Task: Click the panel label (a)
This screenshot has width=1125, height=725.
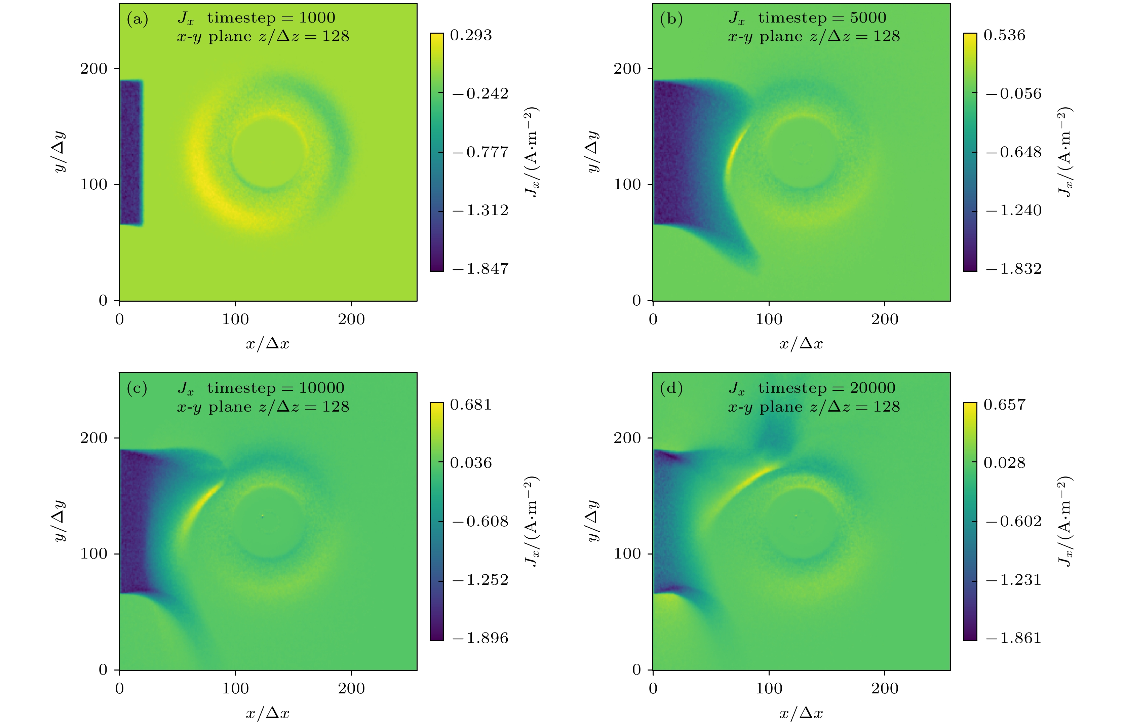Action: click(138, 19)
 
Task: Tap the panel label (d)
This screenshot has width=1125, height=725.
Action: click(671, 388)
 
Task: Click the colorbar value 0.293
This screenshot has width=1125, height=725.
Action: click(471, 35)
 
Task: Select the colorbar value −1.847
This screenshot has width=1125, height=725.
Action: click(480, 269)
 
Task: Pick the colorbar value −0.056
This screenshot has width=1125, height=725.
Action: click(1013, 94)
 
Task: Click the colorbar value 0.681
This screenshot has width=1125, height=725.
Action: click(471, 405)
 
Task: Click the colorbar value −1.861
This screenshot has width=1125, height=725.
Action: click(1013, 638)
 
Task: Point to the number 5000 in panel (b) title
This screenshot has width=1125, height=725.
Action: click(868, 18)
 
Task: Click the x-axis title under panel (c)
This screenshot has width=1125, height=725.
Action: click(267, 713)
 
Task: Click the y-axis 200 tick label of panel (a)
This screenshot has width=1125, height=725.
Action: click(94, 69)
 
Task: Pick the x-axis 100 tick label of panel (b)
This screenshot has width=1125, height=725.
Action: click(769, 319)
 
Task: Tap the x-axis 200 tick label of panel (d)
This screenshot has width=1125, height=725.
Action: click(885, 688)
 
